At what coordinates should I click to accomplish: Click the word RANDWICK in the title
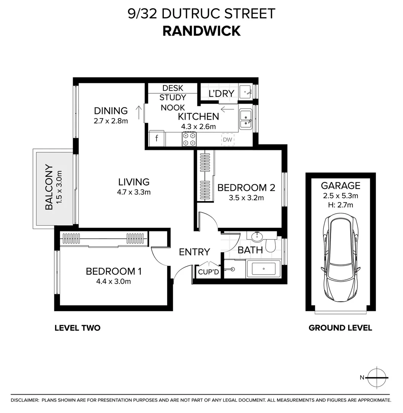pyautogui.click(x=201, y=31)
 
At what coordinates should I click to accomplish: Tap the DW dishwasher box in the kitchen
pyautogui.click(x=227, y=140)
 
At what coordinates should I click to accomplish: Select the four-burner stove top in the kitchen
pyautogui.click(x=189, y=139)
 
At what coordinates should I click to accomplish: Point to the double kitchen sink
pyautogui.click(x=245, y=119)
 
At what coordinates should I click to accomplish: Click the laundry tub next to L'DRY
pyautogui.click(x=245, y=92)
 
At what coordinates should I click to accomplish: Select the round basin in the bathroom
pyautogui.click(x=256, y=236)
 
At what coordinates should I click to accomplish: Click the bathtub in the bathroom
pyautogui.click(x=264, y=268)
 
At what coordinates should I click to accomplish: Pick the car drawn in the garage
pyautogui.click(x=341, y=258)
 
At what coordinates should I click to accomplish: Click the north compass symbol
pyautogui.click(x=377, y=377)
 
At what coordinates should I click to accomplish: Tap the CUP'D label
pyautogui.click(x=208, y=272)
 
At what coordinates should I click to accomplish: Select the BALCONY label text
pyautogui.click(x=49, y=187)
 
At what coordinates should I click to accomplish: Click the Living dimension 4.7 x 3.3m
pyautogui.click(x=134, y=192)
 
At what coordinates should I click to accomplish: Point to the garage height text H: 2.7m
pyautogui.click(x=340, y=205)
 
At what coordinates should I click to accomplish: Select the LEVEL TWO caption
pyautogui.click(x=77, y=328)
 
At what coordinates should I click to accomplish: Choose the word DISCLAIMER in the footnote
pyautogui.click(x=25, y=400)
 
